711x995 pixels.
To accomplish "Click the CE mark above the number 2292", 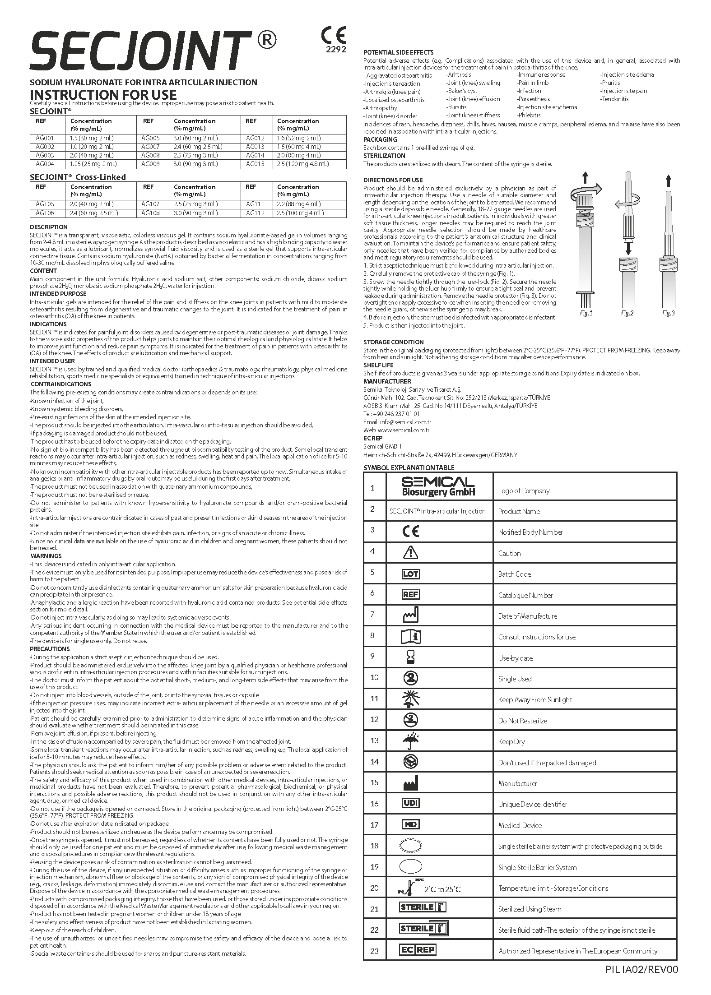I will pyautogui.click(x=334, y=35).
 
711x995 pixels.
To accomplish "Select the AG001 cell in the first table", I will pyautogui.click(x=45, y=138).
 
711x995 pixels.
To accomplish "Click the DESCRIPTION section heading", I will pyautogui.click(x=49, y=227).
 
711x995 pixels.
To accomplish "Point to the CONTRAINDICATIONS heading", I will pyautogui.click(x=60, y=384).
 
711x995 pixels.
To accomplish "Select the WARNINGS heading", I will pyautogui.click(x=46, y=556).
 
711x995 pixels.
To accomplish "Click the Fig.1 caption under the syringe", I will pyautogui.click(x=586, y=313).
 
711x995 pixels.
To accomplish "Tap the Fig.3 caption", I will pyautogui.click(x=668, y=313).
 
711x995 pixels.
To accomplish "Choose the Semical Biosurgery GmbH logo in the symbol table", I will pyautogui.click(x=438, y=486).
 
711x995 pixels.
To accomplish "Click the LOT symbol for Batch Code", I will pyautogui.click(x=410, y=574).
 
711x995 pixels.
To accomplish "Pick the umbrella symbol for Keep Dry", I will pyautogui.click(x=410, y=741).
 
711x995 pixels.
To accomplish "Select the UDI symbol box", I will pyautogui.click(x=410, y=803).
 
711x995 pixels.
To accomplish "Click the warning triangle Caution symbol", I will pyautogui.click(x=410, y=552).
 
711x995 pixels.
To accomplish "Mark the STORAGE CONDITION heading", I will pyautogui.click(x=394, y=342).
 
